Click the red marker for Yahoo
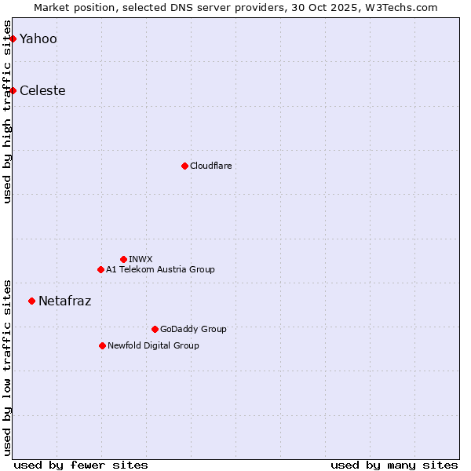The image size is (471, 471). (13, 38)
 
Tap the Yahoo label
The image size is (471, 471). (38, 38)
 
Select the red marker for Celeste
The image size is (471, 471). (13, 90)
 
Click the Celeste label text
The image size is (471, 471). (42, 90)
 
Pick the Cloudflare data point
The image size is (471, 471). (184, 166)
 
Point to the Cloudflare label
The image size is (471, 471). (210, 166)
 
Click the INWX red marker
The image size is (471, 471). (123, 259)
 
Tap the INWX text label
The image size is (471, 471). (141, 259)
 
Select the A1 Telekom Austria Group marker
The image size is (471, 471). (100, 269)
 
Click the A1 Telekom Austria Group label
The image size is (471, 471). (160, 269)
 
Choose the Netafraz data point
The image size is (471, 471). (31, 301)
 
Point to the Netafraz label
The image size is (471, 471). (64, 301)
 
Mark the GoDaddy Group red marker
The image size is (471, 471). (155, 329)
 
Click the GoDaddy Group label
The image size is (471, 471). (192, 329)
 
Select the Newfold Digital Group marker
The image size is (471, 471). (102, 345)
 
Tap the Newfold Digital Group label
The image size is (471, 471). (153, 345)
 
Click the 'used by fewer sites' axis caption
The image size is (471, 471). (81, 465)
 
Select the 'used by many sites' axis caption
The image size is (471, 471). (394, 465)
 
